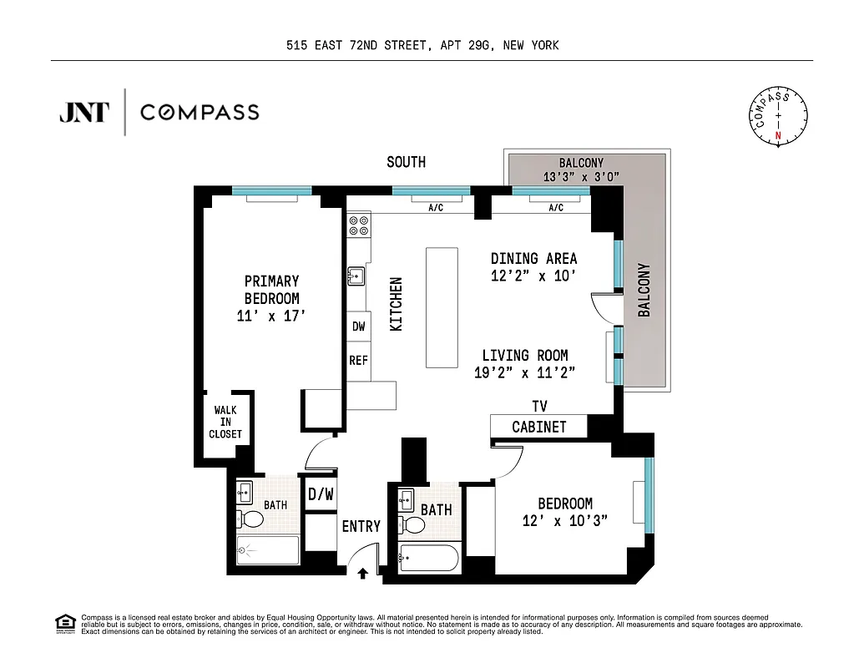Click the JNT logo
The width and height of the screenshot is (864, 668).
point(83,112)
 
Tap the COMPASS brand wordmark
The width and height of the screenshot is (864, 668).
point(200,112)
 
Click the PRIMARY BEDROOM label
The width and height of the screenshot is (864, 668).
point(271,298)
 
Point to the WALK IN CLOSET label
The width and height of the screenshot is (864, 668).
point(225,422)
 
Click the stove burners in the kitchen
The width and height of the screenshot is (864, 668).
point(359,225)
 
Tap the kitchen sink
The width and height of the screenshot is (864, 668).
point(356,276)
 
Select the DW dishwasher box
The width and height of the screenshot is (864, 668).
point(358,326)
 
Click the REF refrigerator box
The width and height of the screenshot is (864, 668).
point(358,361)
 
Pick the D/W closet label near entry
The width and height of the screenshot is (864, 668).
point(321,494)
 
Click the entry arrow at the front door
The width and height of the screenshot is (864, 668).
point(364,573)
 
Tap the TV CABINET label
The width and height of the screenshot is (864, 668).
point(539,417)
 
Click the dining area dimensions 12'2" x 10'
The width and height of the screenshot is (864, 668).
point(533,276)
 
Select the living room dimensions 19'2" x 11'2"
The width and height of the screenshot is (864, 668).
point(525,373)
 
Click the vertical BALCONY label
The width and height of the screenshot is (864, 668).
point(644,290)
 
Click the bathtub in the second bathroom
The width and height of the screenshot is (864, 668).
point(428,557)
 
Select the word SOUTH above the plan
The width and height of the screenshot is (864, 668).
point(406,162)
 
